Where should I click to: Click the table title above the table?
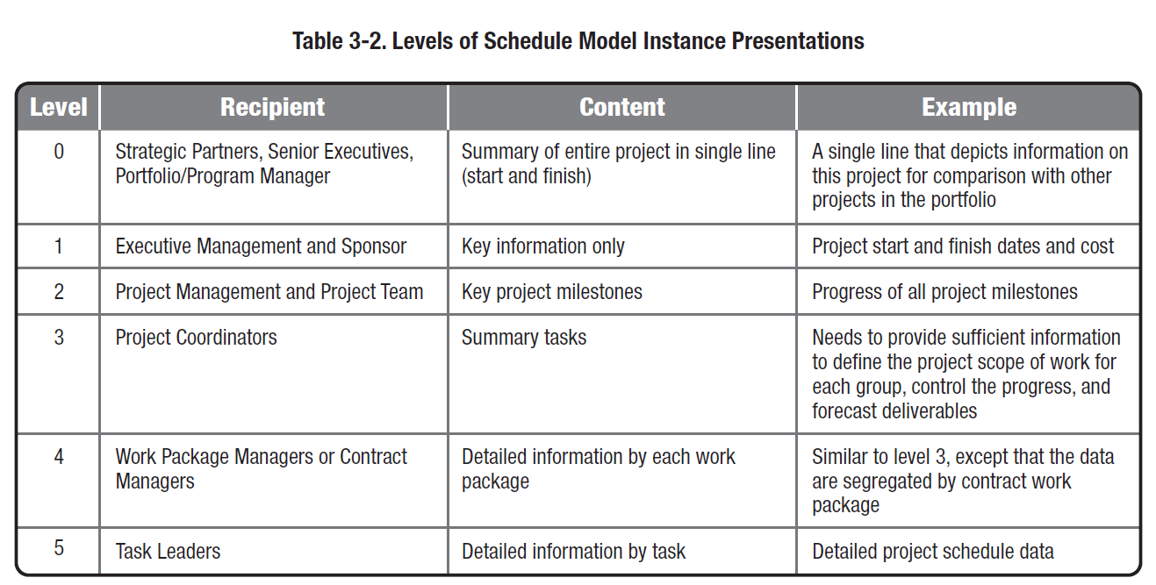coord(578,40)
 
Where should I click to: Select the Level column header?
coord(58,107)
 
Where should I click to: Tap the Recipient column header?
coord(272,107)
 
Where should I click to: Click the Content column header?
coord(621,107)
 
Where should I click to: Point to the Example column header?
coord(969,107)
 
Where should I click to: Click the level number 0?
coord(59,151)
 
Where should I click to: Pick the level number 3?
coord(59,338)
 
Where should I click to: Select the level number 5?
coord(59,548)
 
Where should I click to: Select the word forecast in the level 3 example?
coord(844,411)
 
